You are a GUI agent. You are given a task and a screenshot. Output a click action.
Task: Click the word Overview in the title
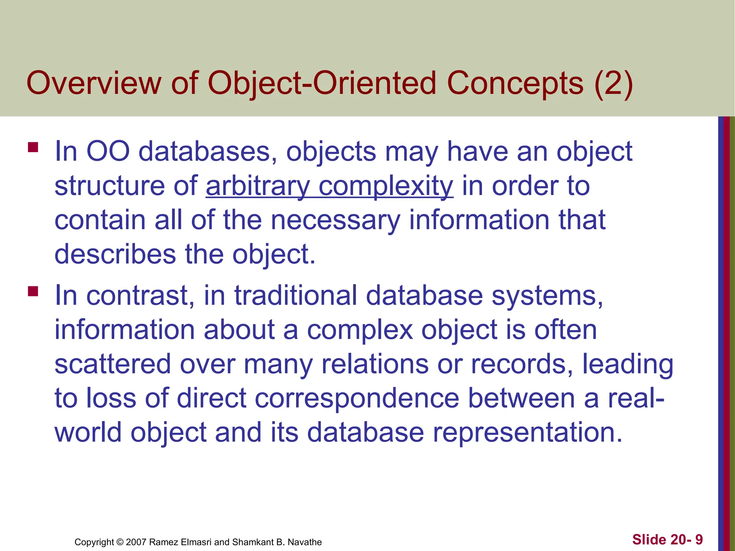click(x=94, y=83)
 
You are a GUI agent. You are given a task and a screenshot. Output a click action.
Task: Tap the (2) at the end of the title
click(x=613, y=83)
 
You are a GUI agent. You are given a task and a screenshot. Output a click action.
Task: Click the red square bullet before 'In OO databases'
click(x=33, y=147)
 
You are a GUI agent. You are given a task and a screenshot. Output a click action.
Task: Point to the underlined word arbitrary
click(x=257, y=186)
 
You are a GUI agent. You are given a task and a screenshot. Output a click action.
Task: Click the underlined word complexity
click(x=386, y=186)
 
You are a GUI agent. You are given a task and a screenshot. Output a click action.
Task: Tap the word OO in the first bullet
click(x=108, y=152)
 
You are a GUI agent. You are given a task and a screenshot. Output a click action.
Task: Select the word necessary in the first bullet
click(x=335, y=220)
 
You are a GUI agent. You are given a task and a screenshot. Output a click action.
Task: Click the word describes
click(x=115, y=254)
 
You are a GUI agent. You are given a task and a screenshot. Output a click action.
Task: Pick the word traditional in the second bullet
click(x=296, y=296)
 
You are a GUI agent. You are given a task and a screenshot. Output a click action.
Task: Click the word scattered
click(x=112, y=364)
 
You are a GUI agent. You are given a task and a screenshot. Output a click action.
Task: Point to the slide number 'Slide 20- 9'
click(x=667, y=540)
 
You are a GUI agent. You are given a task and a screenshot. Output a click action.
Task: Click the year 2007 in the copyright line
click(x=136, y=542)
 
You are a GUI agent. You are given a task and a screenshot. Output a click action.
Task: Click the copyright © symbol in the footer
click(x=120, y=542)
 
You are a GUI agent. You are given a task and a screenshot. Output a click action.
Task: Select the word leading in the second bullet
click(x=627, y=364)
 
